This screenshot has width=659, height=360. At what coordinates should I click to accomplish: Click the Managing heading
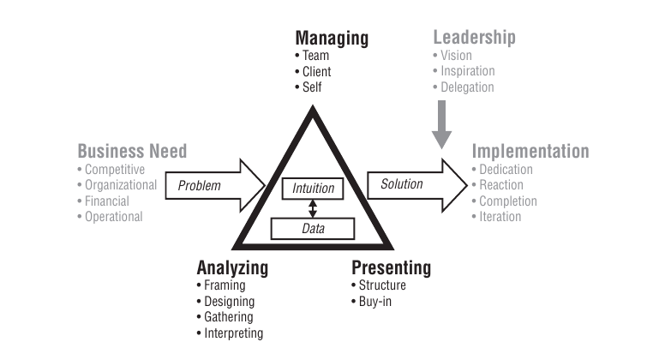(332, 39)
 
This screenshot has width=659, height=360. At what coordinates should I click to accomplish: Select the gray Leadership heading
(474, 38)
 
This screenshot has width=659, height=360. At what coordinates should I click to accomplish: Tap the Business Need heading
(132, 152)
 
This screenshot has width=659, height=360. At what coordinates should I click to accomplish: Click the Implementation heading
(530, 152)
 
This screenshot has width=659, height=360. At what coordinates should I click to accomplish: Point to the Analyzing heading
(232, 267)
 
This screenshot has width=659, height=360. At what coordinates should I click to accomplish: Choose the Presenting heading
(391, 267)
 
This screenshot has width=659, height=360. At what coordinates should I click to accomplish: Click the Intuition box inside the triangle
(313, 188)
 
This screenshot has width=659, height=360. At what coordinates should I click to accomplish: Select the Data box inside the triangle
(313, 229)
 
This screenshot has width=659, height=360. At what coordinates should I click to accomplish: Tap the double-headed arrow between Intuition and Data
(313, 208)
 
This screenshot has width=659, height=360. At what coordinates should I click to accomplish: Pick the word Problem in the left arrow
(199, 185)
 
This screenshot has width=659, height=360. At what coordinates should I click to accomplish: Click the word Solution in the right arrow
(402, 184)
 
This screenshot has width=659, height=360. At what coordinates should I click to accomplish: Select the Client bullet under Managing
(315, 72)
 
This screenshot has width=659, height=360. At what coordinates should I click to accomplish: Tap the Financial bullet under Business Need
(106, 201)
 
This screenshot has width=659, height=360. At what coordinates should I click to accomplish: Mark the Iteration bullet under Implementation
(500, 217)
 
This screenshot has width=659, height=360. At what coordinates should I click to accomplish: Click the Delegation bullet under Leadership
(467, 87)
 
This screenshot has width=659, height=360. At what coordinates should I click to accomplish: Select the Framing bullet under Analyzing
(225, 285)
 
